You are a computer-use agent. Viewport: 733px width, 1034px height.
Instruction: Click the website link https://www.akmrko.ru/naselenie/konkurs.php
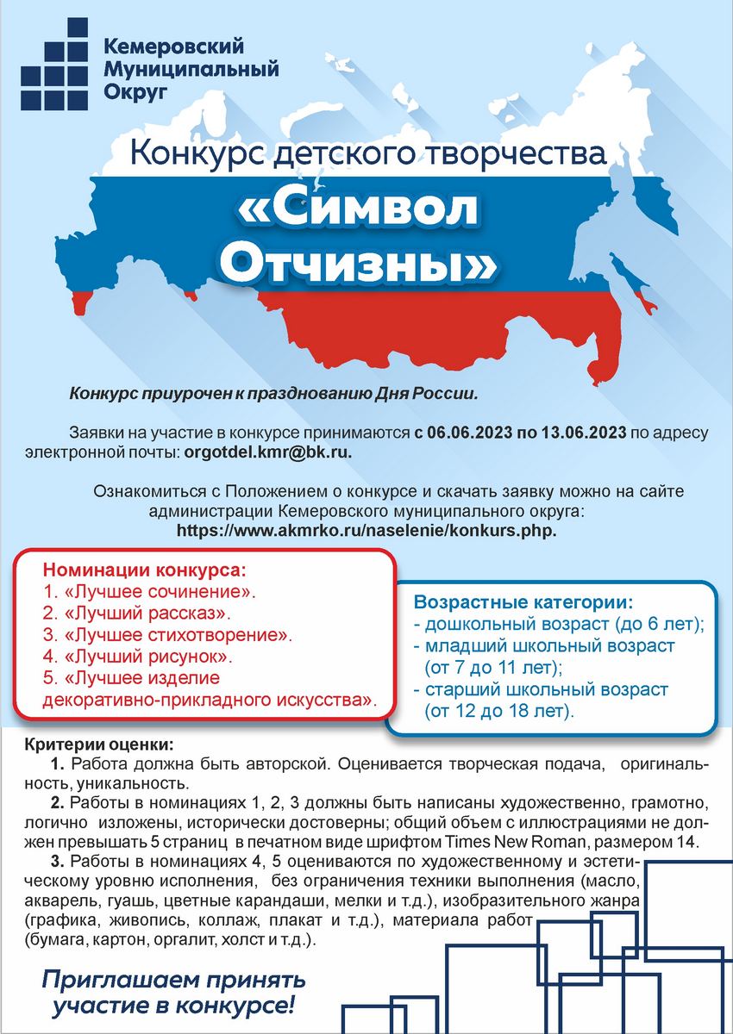366,530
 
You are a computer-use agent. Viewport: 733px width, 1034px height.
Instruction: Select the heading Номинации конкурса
144,571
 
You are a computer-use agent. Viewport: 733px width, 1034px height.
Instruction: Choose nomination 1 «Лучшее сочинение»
150,593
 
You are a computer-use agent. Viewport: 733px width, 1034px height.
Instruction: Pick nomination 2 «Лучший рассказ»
137,614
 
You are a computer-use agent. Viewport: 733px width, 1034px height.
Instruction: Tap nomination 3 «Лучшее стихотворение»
167,636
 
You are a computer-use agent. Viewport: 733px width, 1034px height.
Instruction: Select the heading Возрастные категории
523,601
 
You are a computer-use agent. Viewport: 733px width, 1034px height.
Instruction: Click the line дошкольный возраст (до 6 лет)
559,624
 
